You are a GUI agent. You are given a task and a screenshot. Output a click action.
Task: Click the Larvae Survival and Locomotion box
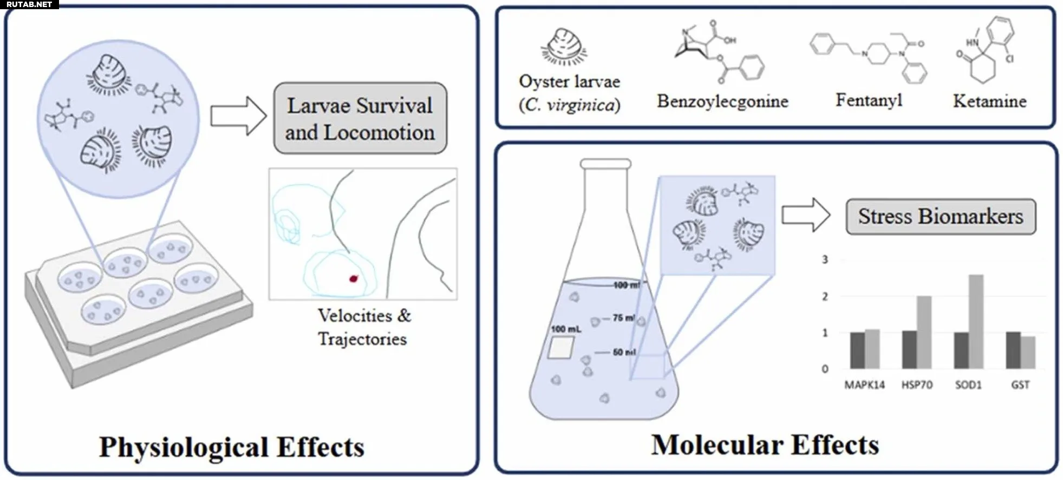360,119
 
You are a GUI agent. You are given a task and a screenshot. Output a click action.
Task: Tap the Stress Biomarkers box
940,217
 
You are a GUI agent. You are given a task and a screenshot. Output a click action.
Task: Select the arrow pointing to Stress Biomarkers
805,215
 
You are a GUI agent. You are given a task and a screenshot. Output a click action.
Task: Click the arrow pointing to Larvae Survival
238,116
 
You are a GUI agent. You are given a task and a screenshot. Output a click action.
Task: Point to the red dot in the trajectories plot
354,278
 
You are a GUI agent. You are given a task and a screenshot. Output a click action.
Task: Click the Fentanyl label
869,100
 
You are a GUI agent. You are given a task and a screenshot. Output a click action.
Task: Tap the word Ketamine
989,101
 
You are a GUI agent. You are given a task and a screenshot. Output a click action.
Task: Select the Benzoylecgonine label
722,101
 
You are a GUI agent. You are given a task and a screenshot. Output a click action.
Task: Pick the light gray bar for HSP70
924,332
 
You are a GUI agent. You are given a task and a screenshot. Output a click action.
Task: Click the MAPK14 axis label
864,385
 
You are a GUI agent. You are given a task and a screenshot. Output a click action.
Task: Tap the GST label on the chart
1020,385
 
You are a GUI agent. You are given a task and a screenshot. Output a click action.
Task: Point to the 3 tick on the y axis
825,260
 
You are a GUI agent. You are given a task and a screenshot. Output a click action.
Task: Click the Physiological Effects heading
232,447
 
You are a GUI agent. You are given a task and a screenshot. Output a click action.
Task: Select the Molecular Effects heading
765,445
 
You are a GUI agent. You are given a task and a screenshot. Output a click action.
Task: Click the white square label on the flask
560,347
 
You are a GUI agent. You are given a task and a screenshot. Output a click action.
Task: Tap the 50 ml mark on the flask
624,352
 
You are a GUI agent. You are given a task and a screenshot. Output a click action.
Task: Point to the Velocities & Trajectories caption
363,327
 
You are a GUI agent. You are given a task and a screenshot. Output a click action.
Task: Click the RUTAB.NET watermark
29,4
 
